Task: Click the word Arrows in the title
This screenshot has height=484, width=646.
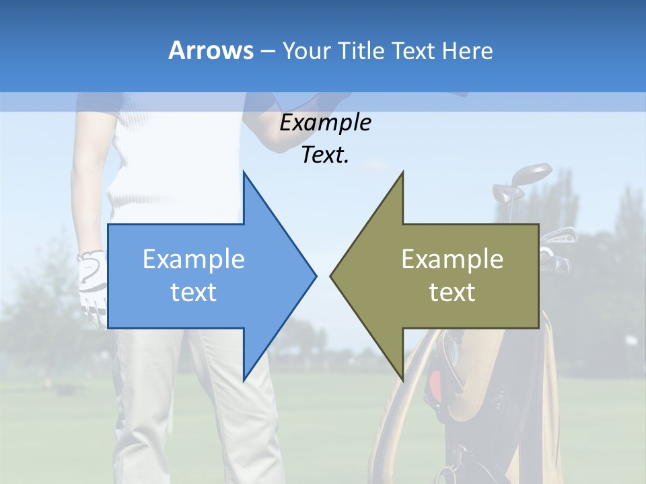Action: point(211,50)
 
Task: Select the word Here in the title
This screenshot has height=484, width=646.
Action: point(467,50)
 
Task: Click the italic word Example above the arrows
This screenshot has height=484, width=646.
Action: point(326,123)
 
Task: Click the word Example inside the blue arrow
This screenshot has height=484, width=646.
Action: point(194,259)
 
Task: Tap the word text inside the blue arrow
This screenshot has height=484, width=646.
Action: point(194,292)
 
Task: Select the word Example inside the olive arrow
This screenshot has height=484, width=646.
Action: point(452,259)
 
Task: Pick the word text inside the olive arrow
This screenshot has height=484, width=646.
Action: point(452,292)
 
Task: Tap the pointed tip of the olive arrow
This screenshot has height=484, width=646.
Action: point(332,276)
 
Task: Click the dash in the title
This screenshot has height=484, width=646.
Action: point(267,51)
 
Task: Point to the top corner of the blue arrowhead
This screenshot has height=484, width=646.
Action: point(244,173)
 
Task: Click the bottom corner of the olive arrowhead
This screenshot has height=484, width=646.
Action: point(402,379)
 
